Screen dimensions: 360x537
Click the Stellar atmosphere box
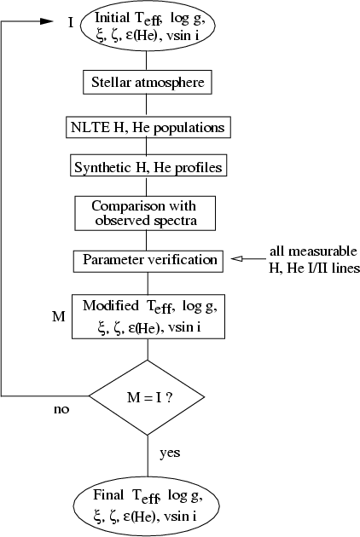(x=148, y=82)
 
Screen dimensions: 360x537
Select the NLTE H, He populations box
(x=148, y=127)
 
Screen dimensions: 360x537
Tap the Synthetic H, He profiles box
(x=148, y=165)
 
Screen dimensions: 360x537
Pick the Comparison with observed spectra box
(x=145, y=213)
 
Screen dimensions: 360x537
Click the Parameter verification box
(x=148, y=262)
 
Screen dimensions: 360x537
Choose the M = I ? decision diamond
(x=147, y=397)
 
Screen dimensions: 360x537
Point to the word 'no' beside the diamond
(x=61, y=409)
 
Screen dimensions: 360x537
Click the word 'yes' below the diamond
(x=170, y=453)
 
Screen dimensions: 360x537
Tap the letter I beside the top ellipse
(x=71, y=23)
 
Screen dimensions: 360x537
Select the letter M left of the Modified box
(x=59, y=316)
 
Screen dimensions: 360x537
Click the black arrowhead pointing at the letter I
(x=47, y=21)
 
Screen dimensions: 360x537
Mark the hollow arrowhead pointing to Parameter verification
(x=237, y=259)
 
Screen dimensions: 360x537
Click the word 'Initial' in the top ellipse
(x=112, y=17)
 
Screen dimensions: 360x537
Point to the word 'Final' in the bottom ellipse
(x=108, y=494)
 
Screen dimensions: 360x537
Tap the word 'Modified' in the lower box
(x=111, y=305)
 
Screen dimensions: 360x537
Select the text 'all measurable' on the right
(x=313, y=251)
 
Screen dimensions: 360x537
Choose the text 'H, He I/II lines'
(x=315, y=268)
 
